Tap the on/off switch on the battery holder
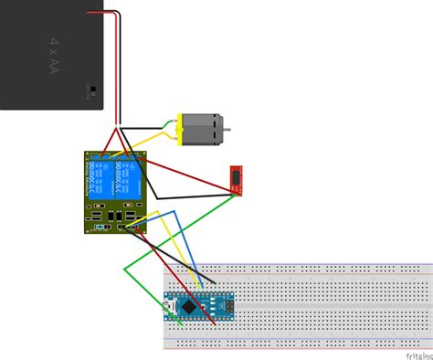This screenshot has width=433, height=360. coord(91,90)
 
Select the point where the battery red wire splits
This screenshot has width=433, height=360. coord(117,127)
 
